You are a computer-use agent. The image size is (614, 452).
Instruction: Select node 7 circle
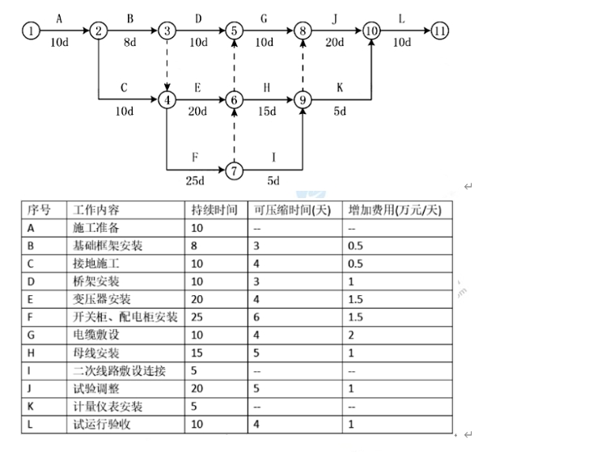[235, 171]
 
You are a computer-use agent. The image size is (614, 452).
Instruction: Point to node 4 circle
[167, 100]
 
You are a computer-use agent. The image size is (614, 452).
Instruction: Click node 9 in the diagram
[303, 100]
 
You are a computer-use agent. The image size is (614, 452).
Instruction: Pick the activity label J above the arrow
[333, 16]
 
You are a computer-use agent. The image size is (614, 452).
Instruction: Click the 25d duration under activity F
[194, 181]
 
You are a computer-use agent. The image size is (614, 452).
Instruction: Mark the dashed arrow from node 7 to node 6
[235, 135]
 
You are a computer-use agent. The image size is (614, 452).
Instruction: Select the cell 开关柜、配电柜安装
[125, 317]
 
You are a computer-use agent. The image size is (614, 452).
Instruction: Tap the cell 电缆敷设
[95, 335]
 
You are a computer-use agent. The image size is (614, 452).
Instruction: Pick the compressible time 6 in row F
[256, 317]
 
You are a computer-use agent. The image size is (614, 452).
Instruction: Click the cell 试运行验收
[102, 425]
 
